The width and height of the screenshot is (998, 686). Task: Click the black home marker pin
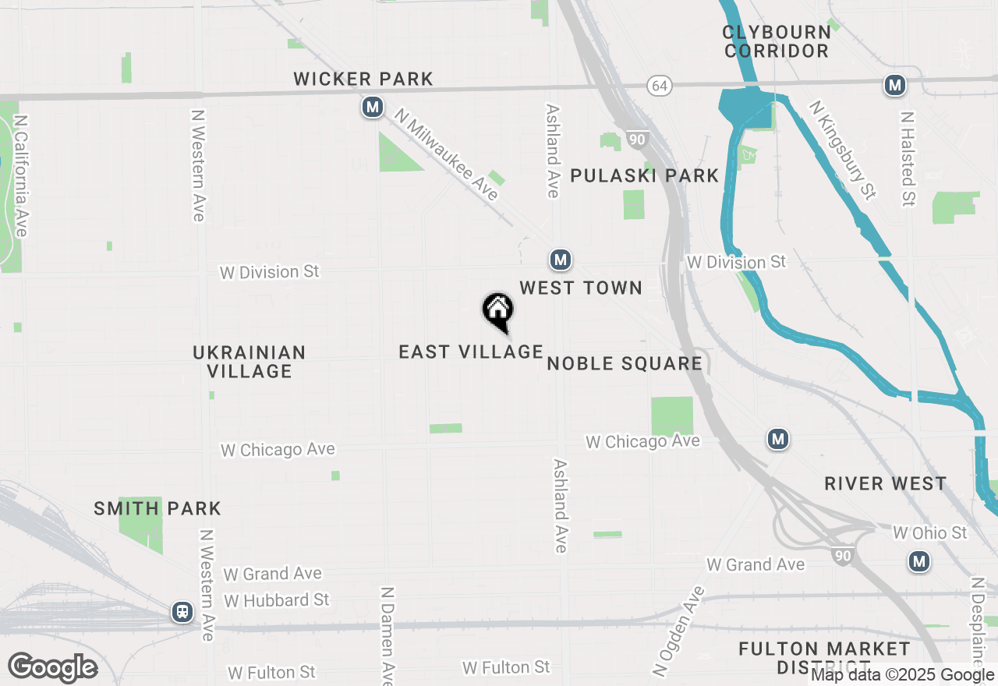click(497, 311)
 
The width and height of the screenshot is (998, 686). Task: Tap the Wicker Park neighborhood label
click(363, 79)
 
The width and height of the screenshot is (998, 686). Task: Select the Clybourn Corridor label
click(776, 41)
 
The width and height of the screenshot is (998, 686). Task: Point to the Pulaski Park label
click(644, 175)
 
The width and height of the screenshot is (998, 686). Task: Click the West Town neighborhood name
click(581, 288)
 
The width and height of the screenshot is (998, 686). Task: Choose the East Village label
click(470, 352)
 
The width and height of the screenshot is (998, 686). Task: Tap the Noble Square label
click(625, 364)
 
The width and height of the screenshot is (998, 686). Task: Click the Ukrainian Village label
click(249, 362)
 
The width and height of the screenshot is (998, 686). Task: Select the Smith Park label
click(157, 509)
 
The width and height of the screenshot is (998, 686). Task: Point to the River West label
click(886, 484)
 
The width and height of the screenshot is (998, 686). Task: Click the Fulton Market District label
click(824, 658)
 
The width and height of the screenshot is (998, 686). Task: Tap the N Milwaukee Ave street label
click(446, 154)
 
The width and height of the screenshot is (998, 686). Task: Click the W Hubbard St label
click(277, 600)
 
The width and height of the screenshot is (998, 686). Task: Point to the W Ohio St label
click(929, 533)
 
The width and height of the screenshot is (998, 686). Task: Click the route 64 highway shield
click(660, 86)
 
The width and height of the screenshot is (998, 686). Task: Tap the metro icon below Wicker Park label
click(373, 108)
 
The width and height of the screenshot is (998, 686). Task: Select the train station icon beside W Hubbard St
click(182, 612)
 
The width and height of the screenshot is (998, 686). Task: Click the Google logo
click(52, 667)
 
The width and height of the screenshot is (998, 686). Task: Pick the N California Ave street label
click(21, 176)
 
